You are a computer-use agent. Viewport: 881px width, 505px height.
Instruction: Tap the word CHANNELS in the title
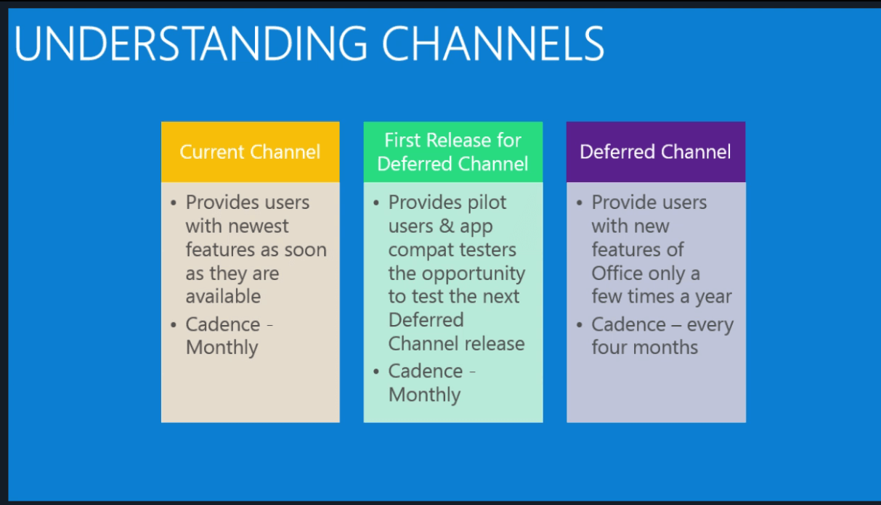coord(493,44)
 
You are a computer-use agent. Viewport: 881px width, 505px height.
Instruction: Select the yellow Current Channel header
coord(250,152)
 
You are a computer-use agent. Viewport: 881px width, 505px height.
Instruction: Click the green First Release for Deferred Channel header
coord(453,152)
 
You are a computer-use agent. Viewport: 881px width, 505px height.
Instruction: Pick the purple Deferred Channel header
coord(656,152)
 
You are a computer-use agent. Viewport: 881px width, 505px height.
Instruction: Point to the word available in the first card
coord(223,296)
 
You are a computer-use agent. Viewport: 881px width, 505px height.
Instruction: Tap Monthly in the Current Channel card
coord(222,348)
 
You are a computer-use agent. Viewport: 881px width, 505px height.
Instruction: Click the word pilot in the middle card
coord(487,202)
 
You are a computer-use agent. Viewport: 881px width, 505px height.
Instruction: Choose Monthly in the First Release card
coord(425,395)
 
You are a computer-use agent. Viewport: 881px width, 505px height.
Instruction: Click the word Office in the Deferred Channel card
coord(617,273)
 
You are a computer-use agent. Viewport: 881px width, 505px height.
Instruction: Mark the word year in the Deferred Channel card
coord(713,297)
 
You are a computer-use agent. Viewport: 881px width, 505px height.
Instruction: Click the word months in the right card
coord(665,348)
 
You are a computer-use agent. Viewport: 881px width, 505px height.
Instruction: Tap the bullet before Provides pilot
coord(376,203)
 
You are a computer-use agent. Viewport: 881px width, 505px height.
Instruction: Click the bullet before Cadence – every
coord(579,325)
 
